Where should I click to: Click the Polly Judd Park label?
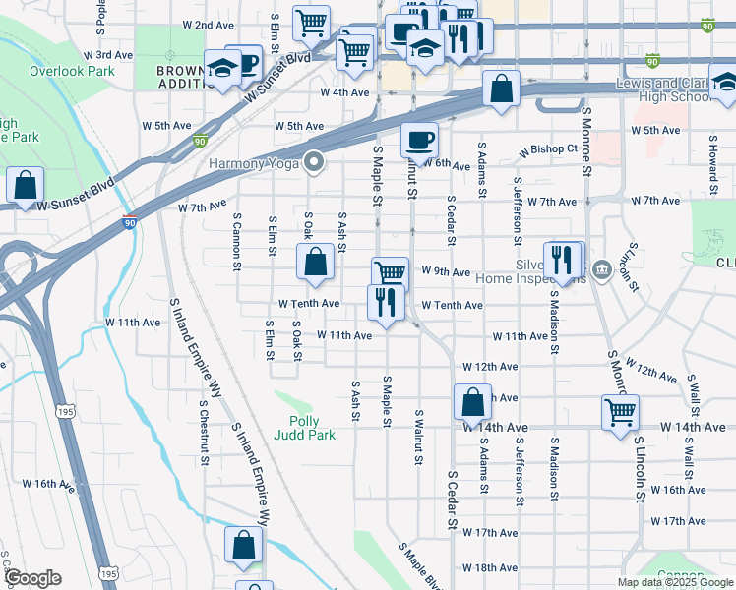pos(311,428)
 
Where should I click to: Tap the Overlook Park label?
pos(72,71)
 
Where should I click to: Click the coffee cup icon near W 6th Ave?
pos(420,140)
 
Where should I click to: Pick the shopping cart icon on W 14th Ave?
pos(620,412)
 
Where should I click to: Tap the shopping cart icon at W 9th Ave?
pos(390,272)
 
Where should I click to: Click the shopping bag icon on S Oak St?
pos(315,262)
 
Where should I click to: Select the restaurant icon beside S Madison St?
pos(560,259)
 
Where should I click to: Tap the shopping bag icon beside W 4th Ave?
pos(501,88)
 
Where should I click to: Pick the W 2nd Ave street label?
pos(210,25)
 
